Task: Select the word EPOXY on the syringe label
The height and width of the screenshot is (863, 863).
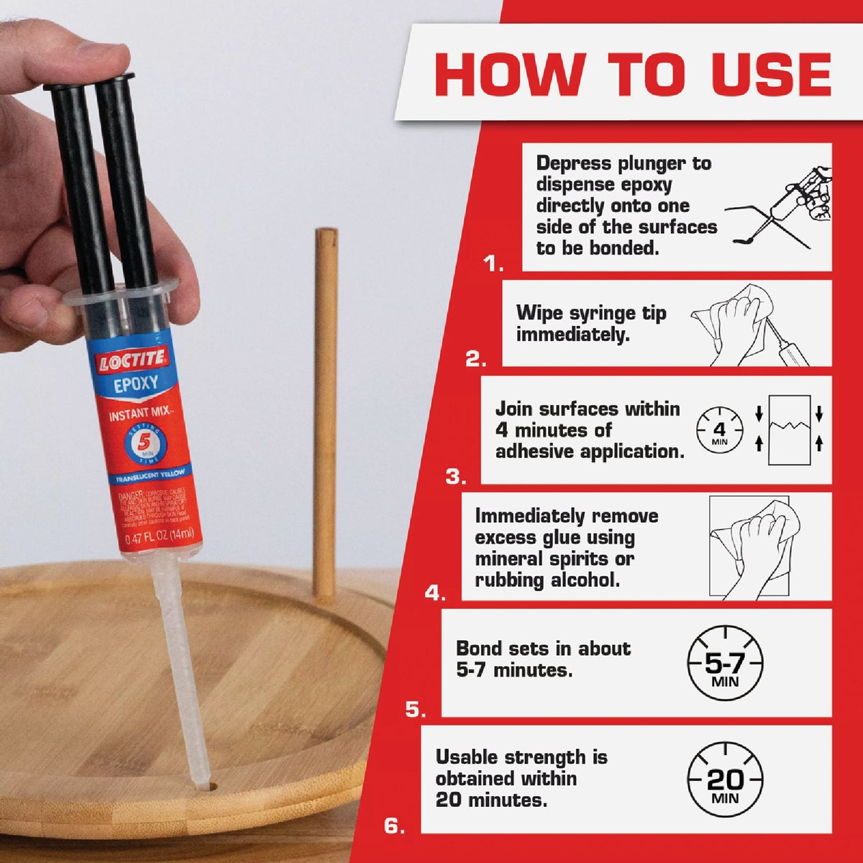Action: [x=136, y=384]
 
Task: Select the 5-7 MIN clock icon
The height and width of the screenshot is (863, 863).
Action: [x=724, y=663]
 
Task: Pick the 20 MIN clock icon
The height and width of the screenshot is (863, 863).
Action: [x=724, y=781]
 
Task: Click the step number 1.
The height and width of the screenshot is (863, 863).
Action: [x=493, y=265]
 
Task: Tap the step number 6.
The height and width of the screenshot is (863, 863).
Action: [x=394, y=826]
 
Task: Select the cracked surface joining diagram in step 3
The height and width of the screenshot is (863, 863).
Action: [x=789, y=429]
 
